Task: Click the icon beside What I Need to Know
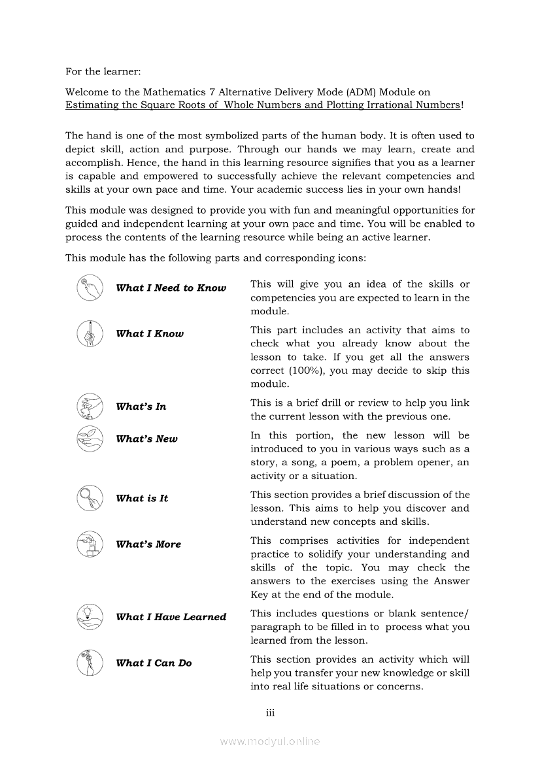(90, 288)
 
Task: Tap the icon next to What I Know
(90, 333)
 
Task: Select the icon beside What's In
(90, 407)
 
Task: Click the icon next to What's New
(90, 439)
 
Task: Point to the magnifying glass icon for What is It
(90, 498)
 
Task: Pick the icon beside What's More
(90, 544)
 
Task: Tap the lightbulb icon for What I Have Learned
(90, 617)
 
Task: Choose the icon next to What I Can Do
(90, 663)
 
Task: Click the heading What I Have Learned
(171, 617)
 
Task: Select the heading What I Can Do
(154, 663)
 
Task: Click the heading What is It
(142, 499)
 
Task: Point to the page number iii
(270, 713)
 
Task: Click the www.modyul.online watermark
(270, 741)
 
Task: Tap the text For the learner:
(103, 71)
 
